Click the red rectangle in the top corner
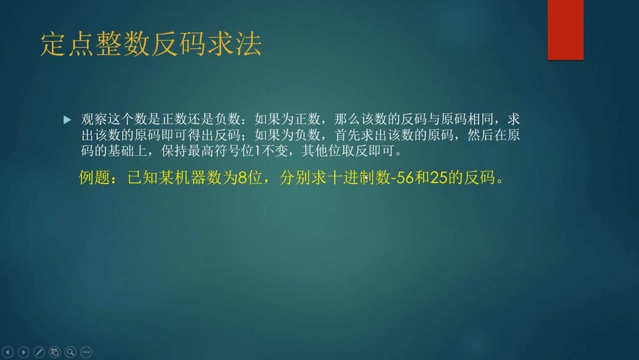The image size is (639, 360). coord(565,30)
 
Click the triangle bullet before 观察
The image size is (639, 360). coord(67,120)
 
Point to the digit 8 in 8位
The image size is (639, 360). coord(241,178)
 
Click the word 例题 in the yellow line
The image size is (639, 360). coord(95,178)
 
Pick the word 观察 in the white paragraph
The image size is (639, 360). coord(93,120)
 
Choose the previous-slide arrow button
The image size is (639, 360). coord(8,352)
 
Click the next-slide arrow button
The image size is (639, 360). coord(24,352)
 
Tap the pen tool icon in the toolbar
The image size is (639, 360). coord(39,352)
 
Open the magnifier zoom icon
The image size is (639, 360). coord(70,352)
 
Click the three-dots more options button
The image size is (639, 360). coord(86,352)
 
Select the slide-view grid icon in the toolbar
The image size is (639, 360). coord(55,352)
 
